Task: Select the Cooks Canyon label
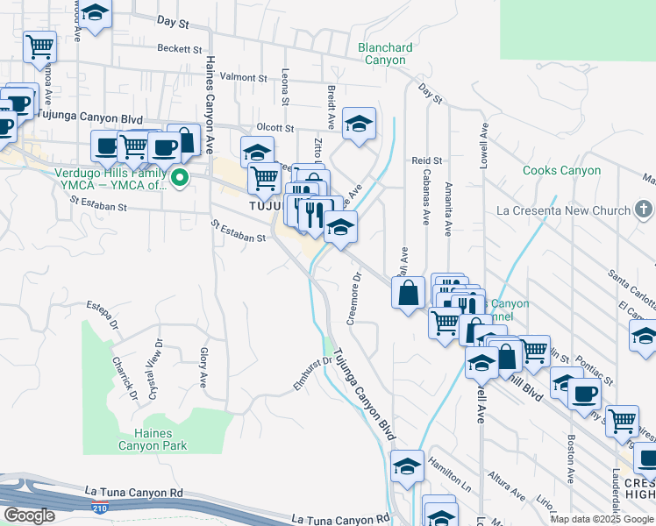[x=561, y=171]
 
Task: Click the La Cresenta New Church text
[x=563, y=210]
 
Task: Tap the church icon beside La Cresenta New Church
[x=644, y=210]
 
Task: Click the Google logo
[x=29, y=515]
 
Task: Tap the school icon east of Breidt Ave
[x=359, y=124]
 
